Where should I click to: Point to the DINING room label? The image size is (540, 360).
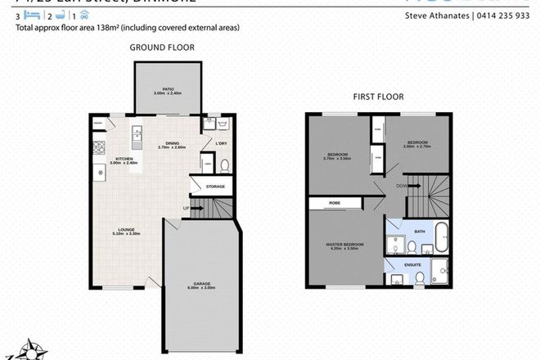pyautogui.click(x=171, y=144)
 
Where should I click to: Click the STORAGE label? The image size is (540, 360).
pyautogui.click(x=215, y=187)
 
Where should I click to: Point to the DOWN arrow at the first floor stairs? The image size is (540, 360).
pyautogui.click(x=403, y=186)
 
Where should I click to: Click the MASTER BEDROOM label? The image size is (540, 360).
pyautogui.click(x=344, y=245)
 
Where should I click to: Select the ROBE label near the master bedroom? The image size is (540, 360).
pyautogui.click(x=335, y=201)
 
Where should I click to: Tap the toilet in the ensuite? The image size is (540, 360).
pyautogui.click(x=419, y=278)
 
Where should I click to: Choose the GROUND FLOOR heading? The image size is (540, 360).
pyautogui.click(x=162, y=47)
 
